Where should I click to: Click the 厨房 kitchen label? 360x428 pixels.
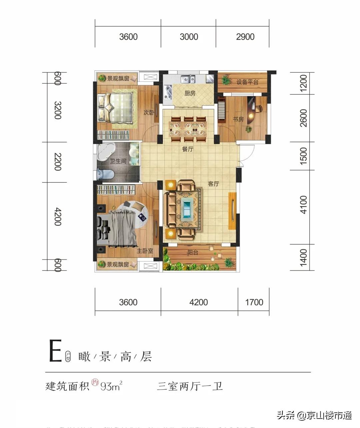coord(190,93)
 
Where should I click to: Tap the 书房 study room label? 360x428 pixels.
coord(238,119)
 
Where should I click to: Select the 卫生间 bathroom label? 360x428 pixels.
coord(118,161)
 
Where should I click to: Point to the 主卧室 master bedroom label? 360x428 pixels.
coord(145,251)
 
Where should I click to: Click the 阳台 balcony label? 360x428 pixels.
coord(193,253)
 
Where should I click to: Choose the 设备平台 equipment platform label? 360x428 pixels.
coord(247,82)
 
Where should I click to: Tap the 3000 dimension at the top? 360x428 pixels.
coord(189,37)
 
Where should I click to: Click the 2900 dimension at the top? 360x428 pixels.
coord(245,37)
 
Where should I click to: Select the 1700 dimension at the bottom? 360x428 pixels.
coord(254,302)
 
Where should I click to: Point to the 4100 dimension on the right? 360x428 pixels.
coord(303,205)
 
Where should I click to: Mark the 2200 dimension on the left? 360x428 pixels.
coord(58,162)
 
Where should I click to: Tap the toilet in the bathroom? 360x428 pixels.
coord(105,174)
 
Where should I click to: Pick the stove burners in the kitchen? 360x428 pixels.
coord(167,92)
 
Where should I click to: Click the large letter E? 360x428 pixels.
coord(55,351)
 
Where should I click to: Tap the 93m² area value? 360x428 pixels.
coord(111,387)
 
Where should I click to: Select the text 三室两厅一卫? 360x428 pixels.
coord(190,387)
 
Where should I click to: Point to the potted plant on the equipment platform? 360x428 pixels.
coord(226,80)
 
